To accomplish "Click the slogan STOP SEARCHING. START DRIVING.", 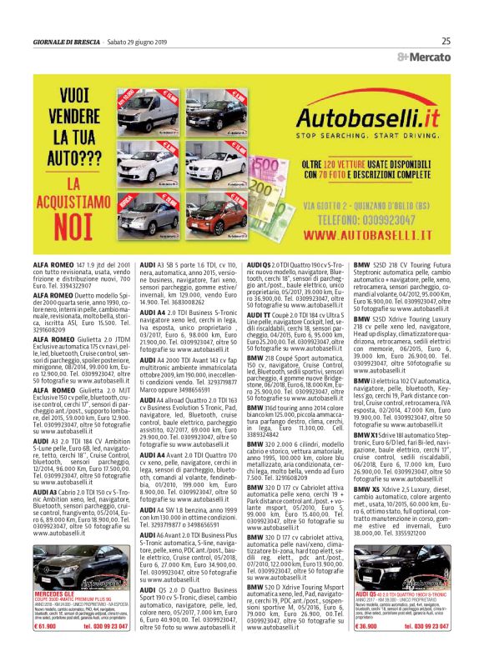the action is coord(368,135).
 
